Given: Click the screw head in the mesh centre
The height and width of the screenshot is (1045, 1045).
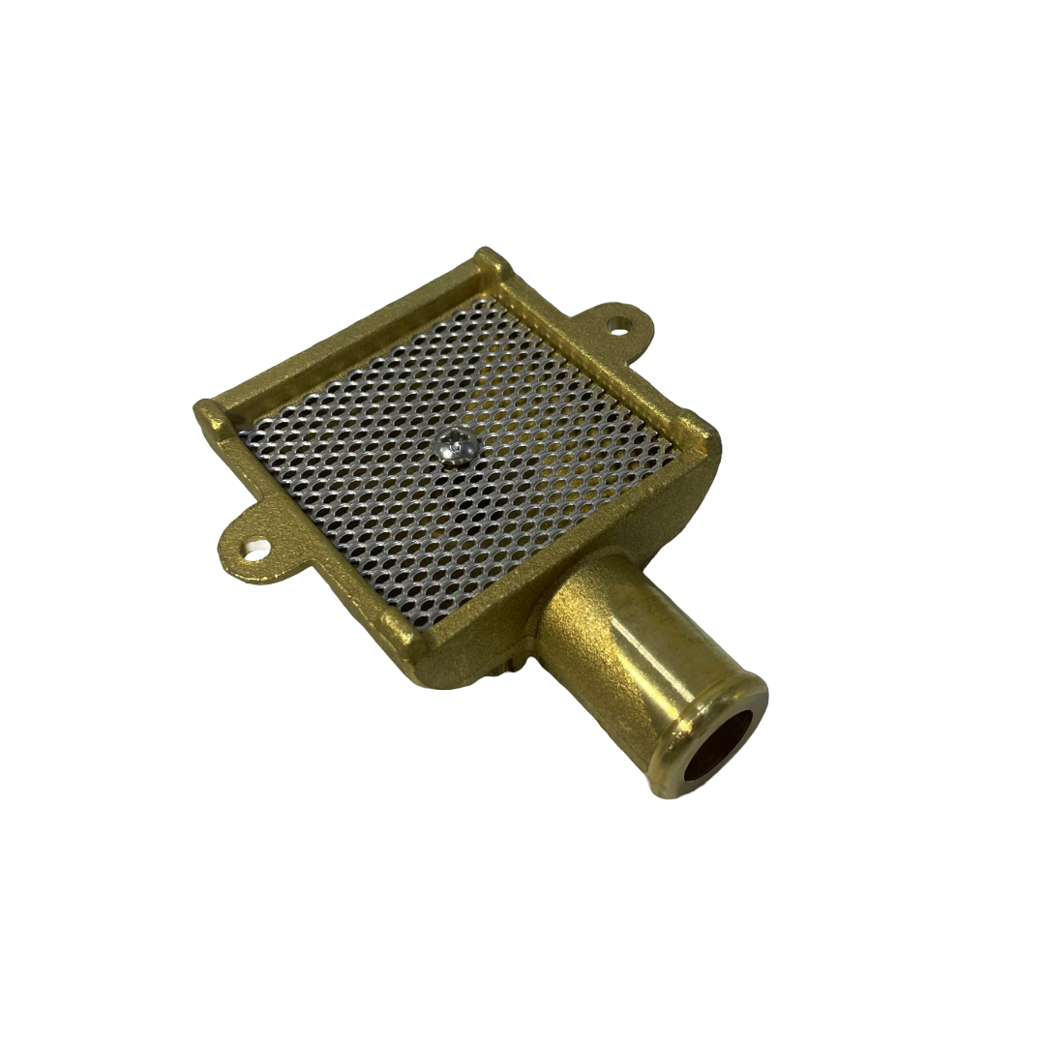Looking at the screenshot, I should coord(456,447).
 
